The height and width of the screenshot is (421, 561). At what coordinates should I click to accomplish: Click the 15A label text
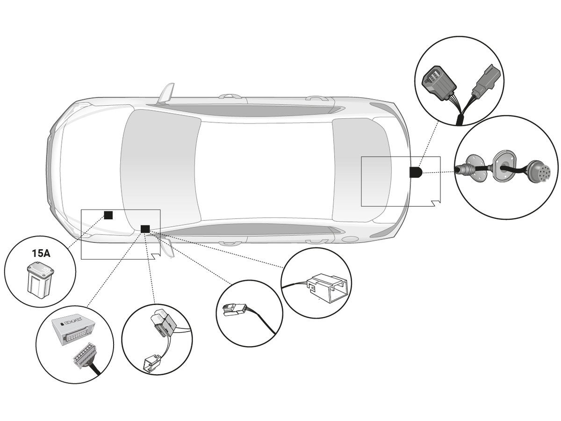click(41, 254)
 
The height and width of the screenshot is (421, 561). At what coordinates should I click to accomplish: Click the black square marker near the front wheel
click(108, 215)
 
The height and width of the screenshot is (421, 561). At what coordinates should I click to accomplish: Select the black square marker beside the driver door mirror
click(145, 229)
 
